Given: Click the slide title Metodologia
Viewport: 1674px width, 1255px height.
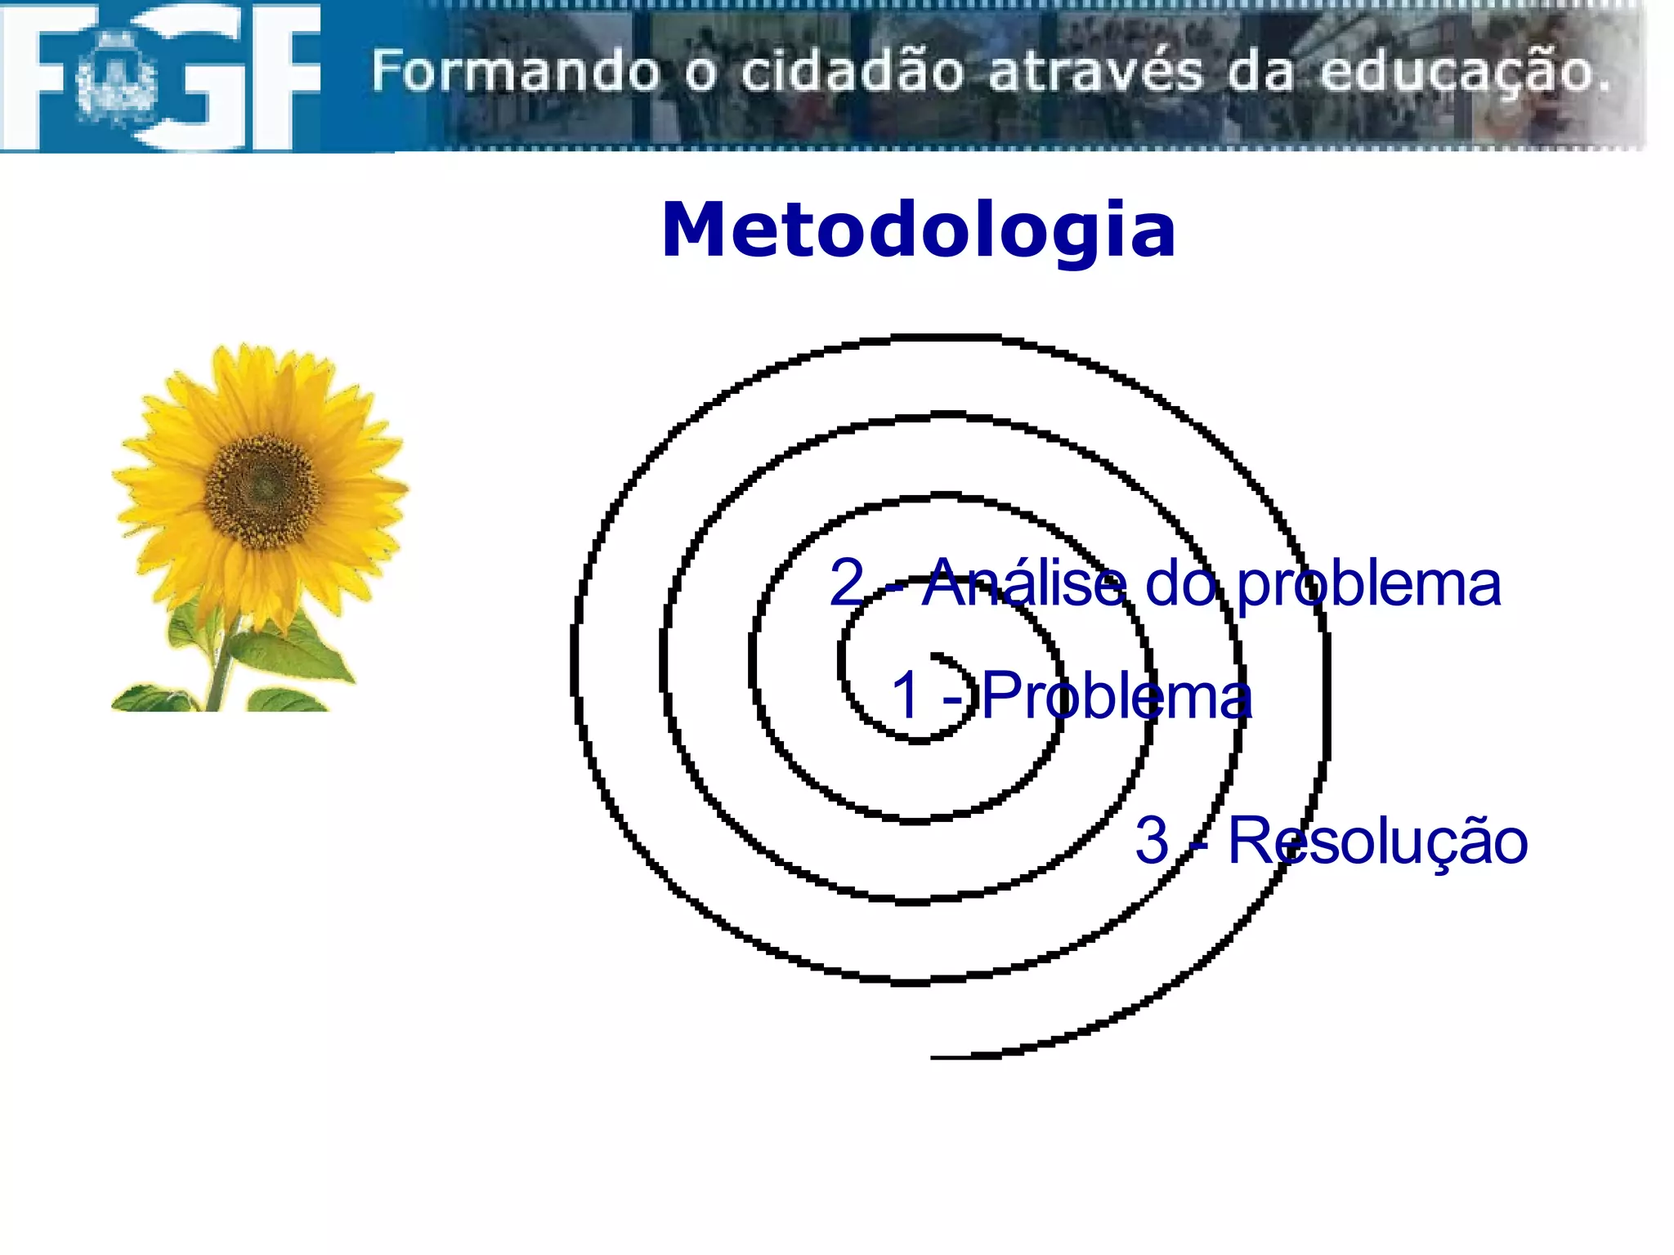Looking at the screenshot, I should pos(918,230).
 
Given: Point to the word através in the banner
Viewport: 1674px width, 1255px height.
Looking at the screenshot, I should pos(1095,72).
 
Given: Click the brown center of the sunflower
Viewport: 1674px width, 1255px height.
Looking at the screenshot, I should pos(262,489).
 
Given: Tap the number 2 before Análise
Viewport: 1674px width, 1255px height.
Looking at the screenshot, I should pos(847,582).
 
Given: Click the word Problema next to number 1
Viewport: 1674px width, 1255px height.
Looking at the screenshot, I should pos(1117,696).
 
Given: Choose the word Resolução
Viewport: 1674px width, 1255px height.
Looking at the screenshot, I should pos(1377,842).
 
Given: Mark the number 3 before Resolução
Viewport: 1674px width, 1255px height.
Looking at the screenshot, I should pos(1153,840).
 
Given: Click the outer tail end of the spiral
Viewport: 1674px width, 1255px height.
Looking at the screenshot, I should pos(936,1057).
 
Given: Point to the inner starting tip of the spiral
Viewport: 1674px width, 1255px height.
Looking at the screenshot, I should pos(934,655).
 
